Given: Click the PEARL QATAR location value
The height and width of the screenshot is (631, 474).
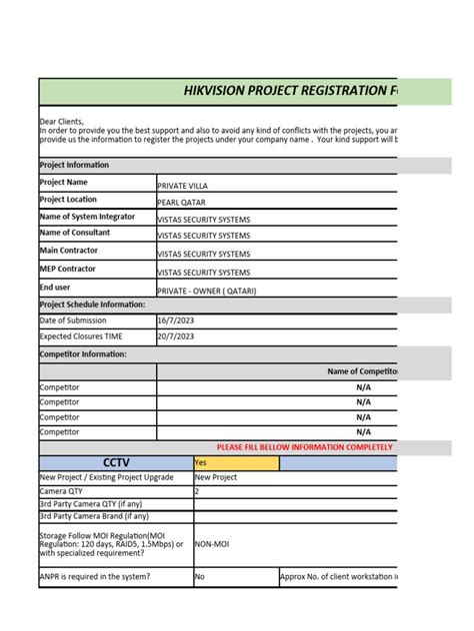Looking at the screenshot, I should tap(181, 203).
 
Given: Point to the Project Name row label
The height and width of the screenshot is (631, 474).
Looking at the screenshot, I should tap(65, 184).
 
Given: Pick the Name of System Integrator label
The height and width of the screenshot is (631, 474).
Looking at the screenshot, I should tap(89, 218).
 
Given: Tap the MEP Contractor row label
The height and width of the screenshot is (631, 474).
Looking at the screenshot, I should tap(68, 269).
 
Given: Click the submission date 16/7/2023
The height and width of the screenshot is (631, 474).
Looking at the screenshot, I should tap(174, 320).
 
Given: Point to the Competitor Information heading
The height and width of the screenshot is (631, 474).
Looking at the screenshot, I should tap(83, 353).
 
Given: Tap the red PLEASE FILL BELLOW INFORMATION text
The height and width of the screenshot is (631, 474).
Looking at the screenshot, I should tap(304, 447).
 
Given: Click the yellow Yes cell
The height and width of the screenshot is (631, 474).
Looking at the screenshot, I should tap(236, 463).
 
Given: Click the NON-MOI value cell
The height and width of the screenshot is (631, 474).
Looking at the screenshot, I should tap(214, 546).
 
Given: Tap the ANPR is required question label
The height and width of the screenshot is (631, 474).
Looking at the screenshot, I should tap(96, 576).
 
